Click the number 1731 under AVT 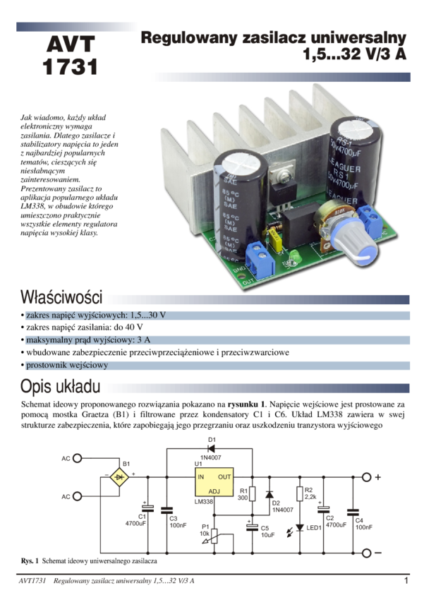click(x=69, y=67)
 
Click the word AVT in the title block click(x=69, y=44)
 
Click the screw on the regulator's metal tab click(x=284, y=169)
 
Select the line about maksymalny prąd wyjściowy click(x=88, y=340)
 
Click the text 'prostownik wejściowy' click(x=66, y=366)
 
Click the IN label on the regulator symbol click(x=201, y=477)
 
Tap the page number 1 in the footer click(x=406, y=581)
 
